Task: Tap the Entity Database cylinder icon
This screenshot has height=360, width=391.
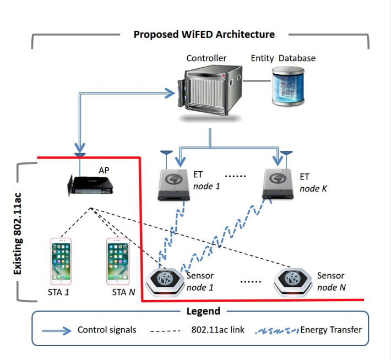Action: [289, 86]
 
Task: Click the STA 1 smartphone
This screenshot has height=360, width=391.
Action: [61, 261]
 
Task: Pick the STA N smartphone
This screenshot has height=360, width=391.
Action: [118, 261]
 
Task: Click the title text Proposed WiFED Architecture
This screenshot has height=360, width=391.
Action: [204, 34]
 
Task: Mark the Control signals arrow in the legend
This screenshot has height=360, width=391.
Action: [56, 331]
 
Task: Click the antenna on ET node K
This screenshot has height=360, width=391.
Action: [286, 154]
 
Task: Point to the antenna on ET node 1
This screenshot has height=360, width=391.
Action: [164, 154]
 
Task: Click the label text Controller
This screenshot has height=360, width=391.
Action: [206, 58]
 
